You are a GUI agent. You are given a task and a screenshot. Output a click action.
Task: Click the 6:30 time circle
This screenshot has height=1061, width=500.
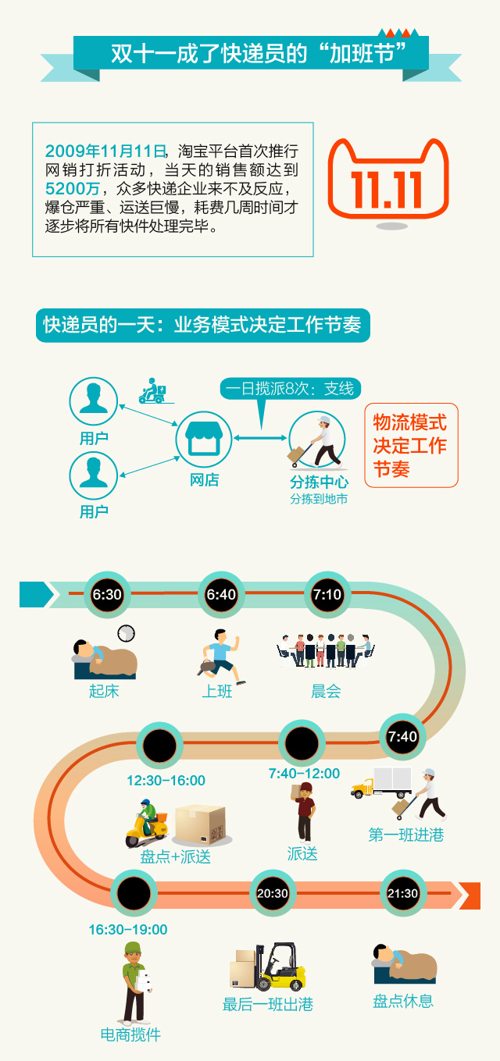[x=107, y=595]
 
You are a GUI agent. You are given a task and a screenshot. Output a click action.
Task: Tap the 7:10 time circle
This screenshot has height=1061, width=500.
[x=327, y=595]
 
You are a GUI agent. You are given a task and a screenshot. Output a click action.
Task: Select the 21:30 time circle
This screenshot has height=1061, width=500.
[x=403, y=893]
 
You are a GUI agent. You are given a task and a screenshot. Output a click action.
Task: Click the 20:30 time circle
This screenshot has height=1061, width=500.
[x=272, y=893]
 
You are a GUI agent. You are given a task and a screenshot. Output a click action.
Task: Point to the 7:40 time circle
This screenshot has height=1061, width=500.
[x=403, y=736]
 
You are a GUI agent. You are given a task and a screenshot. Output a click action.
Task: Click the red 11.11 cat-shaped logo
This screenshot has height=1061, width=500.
[x=387, y=182]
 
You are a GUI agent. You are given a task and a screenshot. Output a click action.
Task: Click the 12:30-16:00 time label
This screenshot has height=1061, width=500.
[x=166, y=781]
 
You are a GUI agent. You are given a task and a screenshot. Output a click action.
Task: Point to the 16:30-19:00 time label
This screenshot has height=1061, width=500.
[x=127, y=930]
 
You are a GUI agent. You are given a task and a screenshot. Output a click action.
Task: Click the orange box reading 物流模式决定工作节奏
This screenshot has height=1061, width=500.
[x=411, y=446]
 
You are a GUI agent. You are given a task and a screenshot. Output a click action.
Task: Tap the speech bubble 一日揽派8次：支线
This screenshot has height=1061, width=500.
[x=289, y=388]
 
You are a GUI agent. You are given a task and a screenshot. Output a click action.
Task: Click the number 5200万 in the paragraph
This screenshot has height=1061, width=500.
[x=71, y=189]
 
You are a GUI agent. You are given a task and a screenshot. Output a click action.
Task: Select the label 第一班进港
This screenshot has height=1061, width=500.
[x=405, y=835]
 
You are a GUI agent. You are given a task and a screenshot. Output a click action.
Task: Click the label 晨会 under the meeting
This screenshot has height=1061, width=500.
[x=326, y=691]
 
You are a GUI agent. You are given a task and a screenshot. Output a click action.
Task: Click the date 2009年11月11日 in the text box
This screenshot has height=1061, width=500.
[x=106, y=151]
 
